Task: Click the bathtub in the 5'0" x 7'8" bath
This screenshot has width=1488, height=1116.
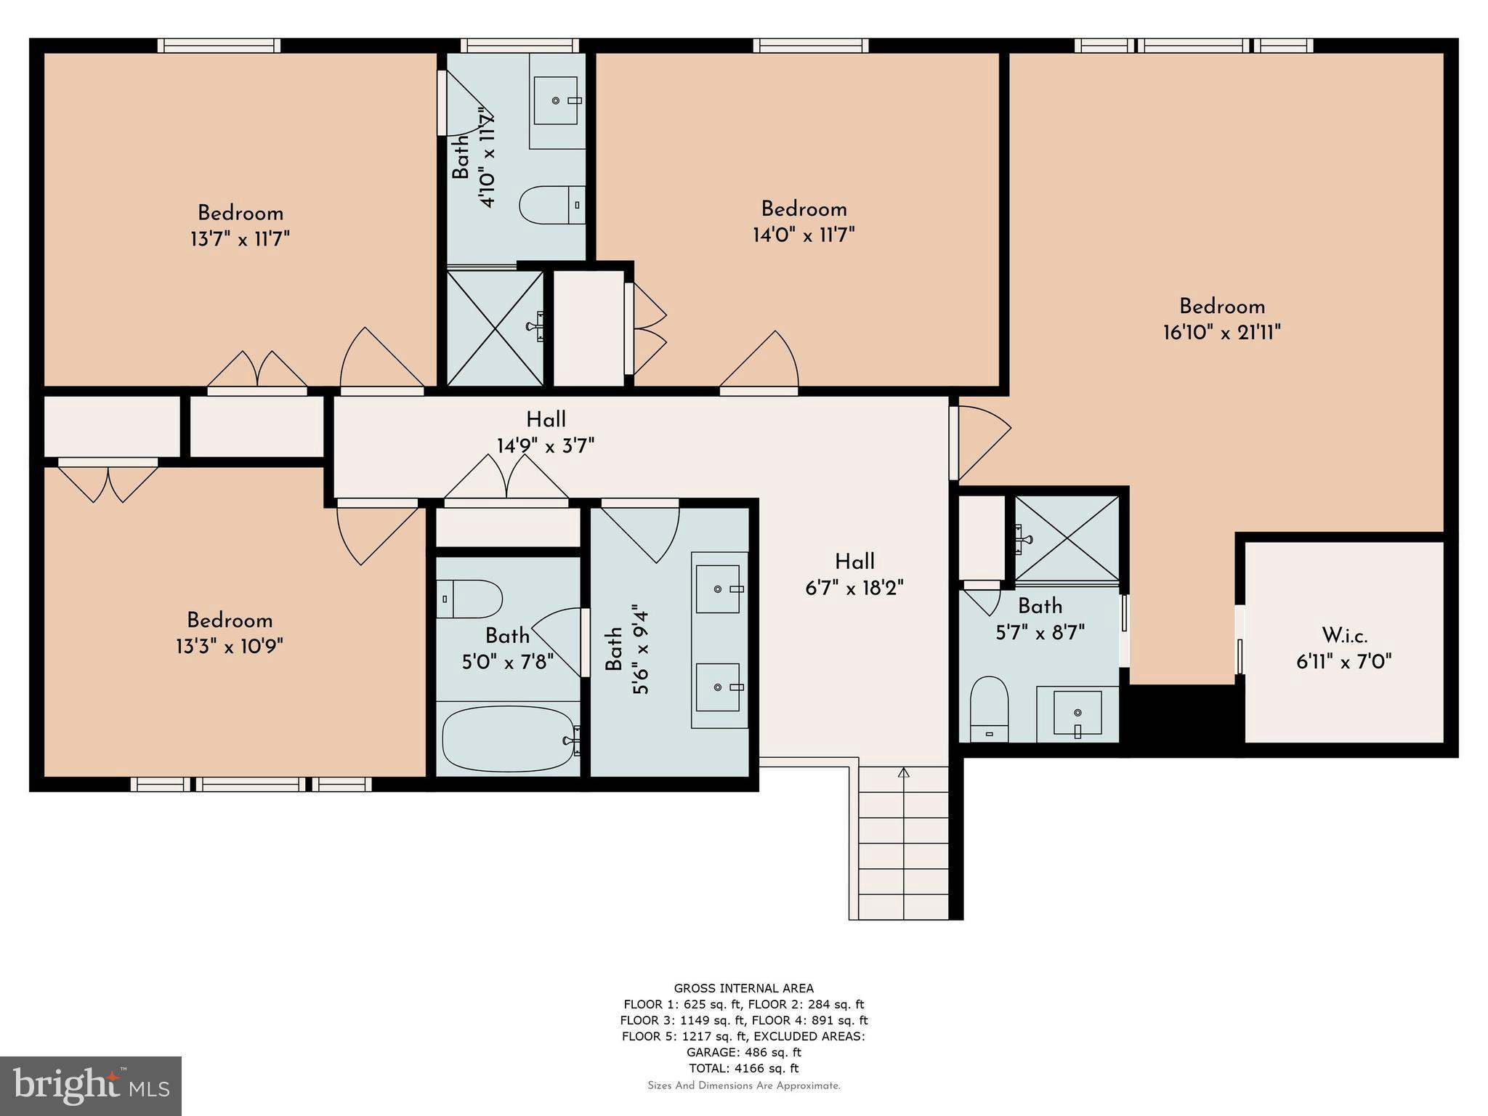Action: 509,740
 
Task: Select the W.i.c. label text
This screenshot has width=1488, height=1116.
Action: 1344,636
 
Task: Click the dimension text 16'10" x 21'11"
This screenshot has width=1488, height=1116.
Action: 1221,333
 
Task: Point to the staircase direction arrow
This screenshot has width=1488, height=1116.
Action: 904,773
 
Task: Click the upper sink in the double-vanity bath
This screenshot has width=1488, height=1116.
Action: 718,589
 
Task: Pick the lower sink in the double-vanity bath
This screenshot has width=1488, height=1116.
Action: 718,687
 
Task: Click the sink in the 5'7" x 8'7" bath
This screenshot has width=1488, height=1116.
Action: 1077,713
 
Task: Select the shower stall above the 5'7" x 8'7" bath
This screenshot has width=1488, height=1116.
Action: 1066,538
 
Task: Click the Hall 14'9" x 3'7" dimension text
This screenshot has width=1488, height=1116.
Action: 546,445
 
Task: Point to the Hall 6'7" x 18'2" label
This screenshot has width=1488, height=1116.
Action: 854,562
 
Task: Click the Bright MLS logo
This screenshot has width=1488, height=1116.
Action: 91,1085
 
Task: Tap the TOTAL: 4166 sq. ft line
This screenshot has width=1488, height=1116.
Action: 743,1068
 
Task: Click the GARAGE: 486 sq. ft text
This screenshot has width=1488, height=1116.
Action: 743,1052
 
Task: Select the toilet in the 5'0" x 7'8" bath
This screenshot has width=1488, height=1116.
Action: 469,599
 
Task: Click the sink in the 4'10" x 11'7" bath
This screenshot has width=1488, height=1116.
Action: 557,100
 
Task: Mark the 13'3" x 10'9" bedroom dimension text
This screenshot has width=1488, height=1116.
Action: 229,646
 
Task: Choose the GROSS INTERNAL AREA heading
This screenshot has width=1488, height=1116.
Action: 743,988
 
